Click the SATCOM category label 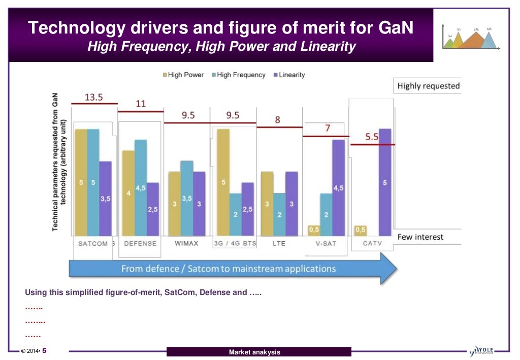[93, 243]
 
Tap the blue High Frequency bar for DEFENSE [141, 187]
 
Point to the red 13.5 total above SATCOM [93, 97]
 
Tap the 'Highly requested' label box [428, 86]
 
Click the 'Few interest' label [420, 237]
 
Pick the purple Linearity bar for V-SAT [338, 187]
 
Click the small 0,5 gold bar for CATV [361, 231]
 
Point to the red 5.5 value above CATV [372, 137]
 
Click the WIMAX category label [186, 243]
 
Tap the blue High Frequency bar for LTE [279, 214]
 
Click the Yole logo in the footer [482, 350]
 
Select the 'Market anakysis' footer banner [259, 352]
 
